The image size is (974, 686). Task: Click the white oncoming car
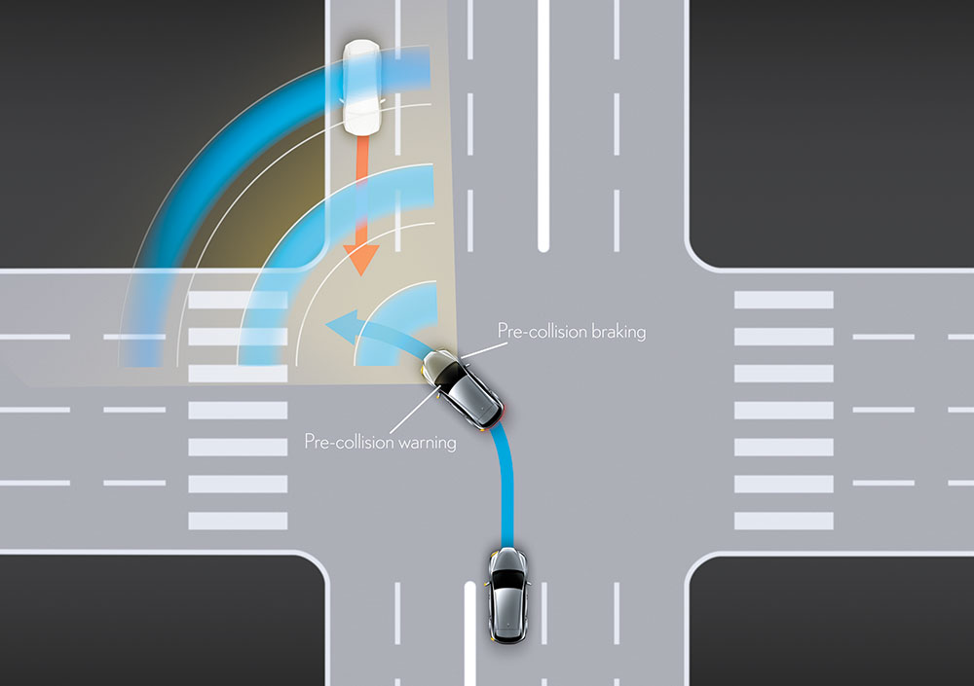[362, 88]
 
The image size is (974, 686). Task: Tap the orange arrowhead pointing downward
[361, 259]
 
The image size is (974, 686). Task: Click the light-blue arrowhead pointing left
[340, 327]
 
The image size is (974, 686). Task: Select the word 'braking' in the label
[618, 332]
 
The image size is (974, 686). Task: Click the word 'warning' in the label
[427, 443]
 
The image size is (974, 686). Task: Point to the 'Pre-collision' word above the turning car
[543, 331]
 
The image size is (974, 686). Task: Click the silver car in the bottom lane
[508, 596]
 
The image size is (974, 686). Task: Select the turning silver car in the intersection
[463, 389]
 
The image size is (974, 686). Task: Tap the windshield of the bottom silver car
[508, 579]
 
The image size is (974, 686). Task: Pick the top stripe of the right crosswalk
[784, 300]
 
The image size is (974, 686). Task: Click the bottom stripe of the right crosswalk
[784, 521]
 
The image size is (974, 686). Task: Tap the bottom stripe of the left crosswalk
[238, 521]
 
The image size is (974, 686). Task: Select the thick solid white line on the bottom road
[470, 633]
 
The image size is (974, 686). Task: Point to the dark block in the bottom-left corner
[162, 621]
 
